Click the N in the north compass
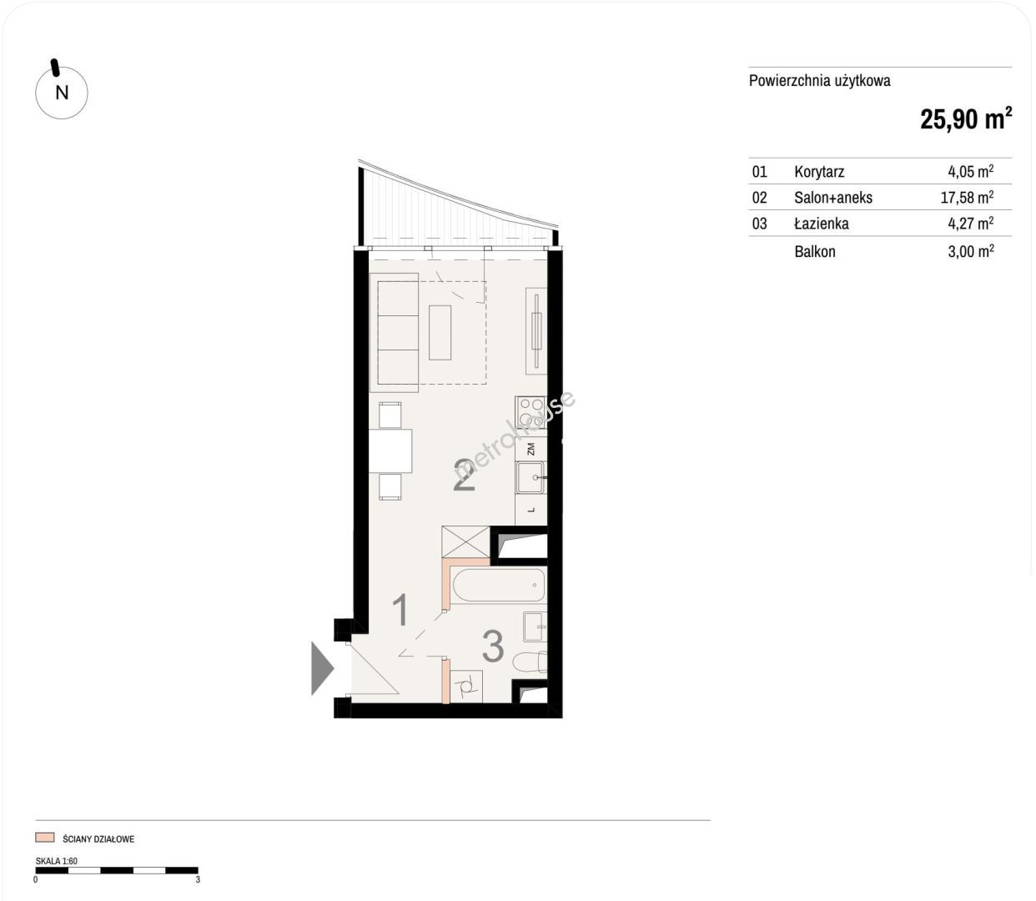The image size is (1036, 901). click(62, 93)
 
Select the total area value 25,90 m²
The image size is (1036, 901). click(966, 119)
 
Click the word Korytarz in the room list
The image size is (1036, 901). click(819, 172)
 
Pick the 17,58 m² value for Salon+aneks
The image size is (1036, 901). click(967, 197)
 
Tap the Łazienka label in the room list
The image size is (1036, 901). click(822, 224)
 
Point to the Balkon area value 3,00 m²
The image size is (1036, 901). click(971, 251)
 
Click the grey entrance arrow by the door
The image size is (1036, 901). click(322, 668)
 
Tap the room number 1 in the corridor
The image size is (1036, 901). click(400, 610)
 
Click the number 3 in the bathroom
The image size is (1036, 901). click(493, 646)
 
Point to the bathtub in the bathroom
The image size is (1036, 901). click(500, 585)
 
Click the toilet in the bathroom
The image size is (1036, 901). click(531, 662)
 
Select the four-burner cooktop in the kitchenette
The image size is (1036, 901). click(531, 412)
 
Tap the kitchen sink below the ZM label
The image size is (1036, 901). click(531, 477)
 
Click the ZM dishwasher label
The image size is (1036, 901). click(531, 449)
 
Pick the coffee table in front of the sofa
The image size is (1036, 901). click(440, 332)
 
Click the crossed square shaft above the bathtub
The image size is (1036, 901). click(465, 542)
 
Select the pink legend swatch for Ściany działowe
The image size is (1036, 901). click(44, 838)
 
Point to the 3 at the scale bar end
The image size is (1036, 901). click(198, 880)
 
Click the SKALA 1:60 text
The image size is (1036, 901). click(56, 861)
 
